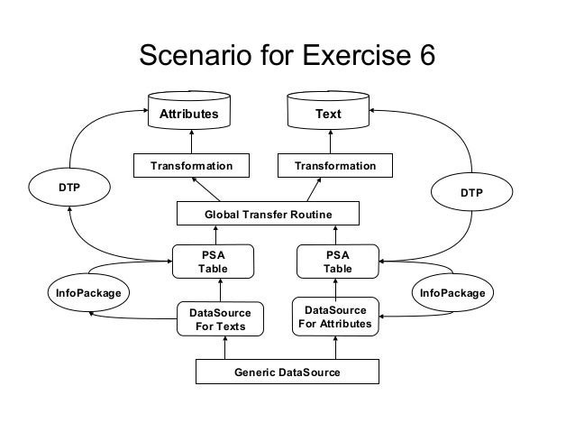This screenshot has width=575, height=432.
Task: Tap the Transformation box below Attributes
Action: click(x=191, y=166)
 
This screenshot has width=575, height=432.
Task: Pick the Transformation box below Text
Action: click(x=335, y=166)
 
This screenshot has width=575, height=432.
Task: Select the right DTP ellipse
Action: click(x=471, y=193)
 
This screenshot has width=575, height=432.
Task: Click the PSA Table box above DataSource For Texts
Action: click(x=213, y=262)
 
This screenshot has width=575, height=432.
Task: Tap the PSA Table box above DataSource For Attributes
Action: click(x=338, y=262)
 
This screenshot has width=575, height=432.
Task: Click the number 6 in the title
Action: click(x=423, y=56)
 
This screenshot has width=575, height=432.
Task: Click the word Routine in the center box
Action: click(x=310, y=214)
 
